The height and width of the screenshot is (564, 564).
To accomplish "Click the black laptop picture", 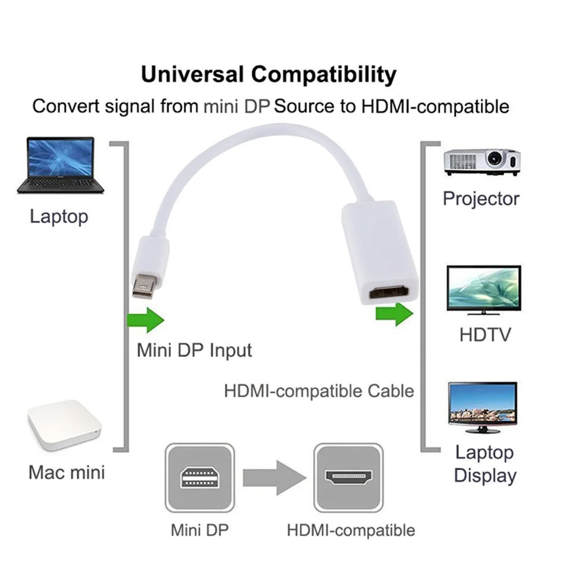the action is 61,166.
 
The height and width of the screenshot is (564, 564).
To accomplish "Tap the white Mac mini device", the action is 65,425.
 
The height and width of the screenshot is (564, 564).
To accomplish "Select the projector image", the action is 482,162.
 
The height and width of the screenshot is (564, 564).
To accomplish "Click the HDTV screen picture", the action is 484,290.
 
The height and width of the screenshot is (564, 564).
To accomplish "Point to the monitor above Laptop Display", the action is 483,407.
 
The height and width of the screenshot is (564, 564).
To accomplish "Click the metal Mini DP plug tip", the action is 145,286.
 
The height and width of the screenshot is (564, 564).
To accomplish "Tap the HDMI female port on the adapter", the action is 388,291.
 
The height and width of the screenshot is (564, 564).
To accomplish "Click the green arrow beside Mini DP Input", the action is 145,320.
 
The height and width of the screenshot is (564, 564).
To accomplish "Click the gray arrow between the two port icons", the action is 274,478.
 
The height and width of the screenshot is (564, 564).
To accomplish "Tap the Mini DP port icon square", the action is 199,478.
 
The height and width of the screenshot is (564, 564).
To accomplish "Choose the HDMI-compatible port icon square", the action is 348,478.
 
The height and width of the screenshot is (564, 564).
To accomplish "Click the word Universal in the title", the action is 192,74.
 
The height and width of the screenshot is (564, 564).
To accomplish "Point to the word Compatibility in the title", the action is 324,75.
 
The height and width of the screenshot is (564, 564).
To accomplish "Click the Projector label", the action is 481,199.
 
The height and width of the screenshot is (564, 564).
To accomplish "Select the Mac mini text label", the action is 66,473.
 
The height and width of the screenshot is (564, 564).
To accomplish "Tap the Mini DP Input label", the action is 194,350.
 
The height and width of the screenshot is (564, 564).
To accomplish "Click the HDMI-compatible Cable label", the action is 319,391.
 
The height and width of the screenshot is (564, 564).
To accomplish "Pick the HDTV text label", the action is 485,335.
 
